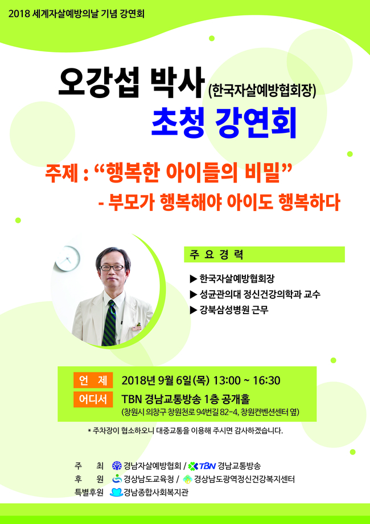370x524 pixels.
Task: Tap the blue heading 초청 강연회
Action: click(224, 124)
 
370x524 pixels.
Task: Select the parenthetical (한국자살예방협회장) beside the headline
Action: click(262, 91)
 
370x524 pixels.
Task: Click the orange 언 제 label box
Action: click(93, 381)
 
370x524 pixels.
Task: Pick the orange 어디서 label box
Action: click(93, 399)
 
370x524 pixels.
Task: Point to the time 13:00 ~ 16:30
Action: click(246, 381)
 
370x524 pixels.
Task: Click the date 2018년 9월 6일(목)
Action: click(166, 381)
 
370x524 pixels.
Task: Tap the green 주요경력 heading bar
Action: click(264, 254)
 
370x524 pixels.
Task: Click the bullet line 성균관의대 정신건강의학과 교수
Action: click(255, 294)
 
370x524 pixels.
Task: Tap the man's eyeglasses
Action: click(112, 267)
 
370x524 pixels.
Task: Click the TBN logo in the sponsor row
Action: click(202, 465)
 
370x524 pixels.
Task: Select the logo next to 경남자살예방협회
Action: click(117, 465)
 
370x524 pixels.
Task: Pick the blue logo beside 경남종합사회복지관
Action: click(117, 492)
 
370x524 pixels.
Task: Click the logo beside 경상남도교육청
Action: click(117, 479)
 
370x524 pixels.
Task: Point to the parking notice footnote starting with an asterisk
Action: click(186, 430)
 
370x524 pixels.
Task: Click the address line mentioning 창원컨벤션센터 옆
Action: click(211, 412)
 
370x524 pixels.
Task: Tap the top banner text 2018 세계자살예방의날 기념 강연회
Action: click(76, 14)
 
